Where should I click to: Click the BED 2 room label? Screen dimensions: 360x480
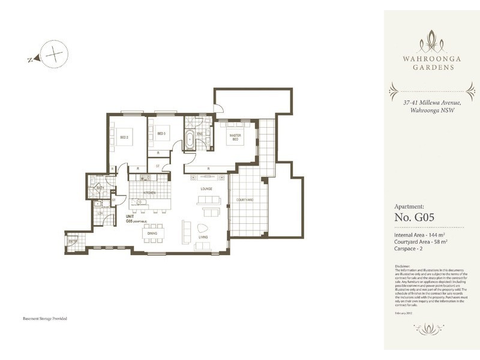coord(124,137)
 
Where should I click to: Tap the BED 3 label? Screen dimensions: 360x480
coord(161,133)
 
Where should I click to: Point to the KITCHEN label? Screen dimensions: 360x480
coord(149,193)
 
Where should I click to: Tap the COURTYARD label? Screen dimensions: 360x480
coord(244,199)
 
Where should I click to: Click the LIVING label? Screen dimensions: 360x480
coord(203,238)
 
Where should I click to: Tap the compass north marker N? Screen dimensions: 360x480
coord(29,59)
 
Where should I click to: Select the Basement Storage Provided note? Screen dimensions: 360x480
coord(45,319)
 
